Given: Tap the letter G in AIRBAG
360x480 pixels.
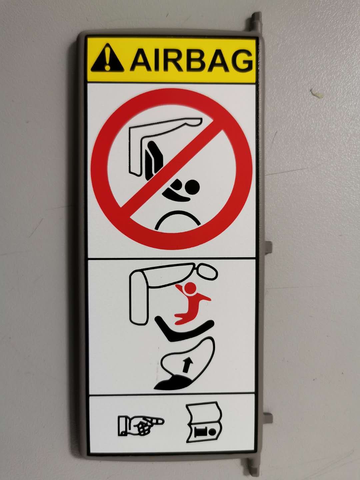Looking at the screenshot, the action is pyautogui.click(x=242, y=60).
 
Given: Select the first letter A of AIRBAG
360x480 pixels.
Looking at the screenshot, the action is pyautogui.click(x=140, y=60).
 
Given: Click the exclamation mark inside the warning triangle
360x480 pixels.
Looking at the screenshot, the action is pyautogui.click(x=107, y=59).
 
